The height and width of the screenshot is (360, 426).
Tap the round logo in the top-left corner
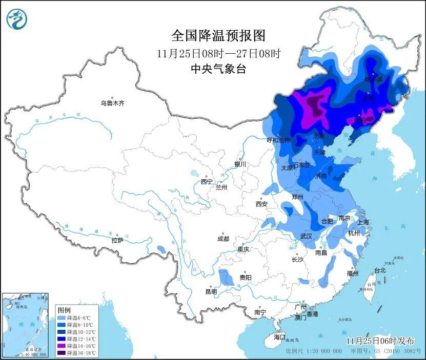(x=16, y=19)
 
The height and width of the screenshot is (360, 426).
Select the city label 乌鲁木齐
(x=112, y=103)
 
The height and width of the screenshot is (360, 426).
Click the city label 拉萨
(x=117, y=240)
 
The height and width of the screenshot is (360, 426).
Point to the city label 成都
(x=223, y=239)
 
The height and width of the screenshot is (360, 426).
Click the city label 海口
(x=279, y=337)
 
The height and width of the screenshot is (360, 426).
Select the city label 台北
(x=379, y=270)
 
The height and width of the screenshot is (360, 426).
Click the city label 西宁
(x=207, y=182)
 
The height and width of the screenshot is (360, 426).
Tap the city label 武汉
(x=307, y=236)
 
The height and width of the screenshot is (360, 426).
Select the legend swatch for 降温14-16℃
(x=62, y=345)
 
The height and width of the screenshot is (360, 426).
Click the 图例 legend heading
(x=64, y=310)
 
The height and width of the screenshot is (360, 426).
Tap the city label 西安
(x=261, y=204)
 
